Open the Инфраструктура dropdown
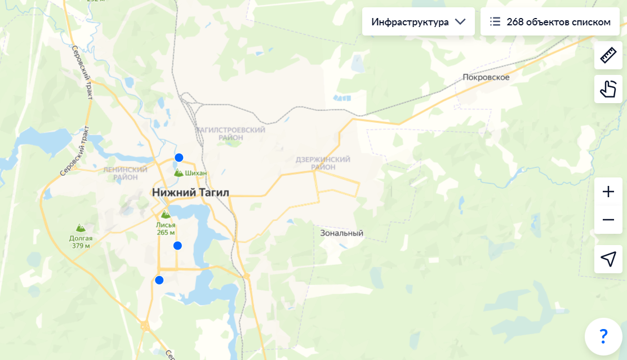tap(418, 22)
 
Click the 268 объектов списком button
tap(550, 22)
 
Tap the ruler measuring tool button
tap(608, 55)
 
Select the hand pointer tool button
tap(608, 89)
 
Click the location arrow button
tap(608, 259)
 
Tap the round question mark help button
tap(603, 336)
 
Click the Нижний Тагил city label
tap(190, 193)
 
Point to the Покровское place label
tap(486, 77)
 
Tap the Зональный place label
tap(341, 233)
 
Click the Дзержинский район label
tap(323, 163)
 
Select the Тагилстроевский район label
tap(230, 134)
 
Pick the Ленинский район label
tap(125, 173)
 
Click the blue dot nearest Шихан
tap(179, 158)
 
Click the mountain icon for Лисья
tap(166, 215)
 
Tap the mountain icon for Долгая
tap(81, 228)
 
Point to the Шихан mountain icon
tap(179, 173)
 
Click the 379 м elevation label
tap(81, 246)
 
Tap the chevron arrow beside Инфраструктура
tap(460, 22)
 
